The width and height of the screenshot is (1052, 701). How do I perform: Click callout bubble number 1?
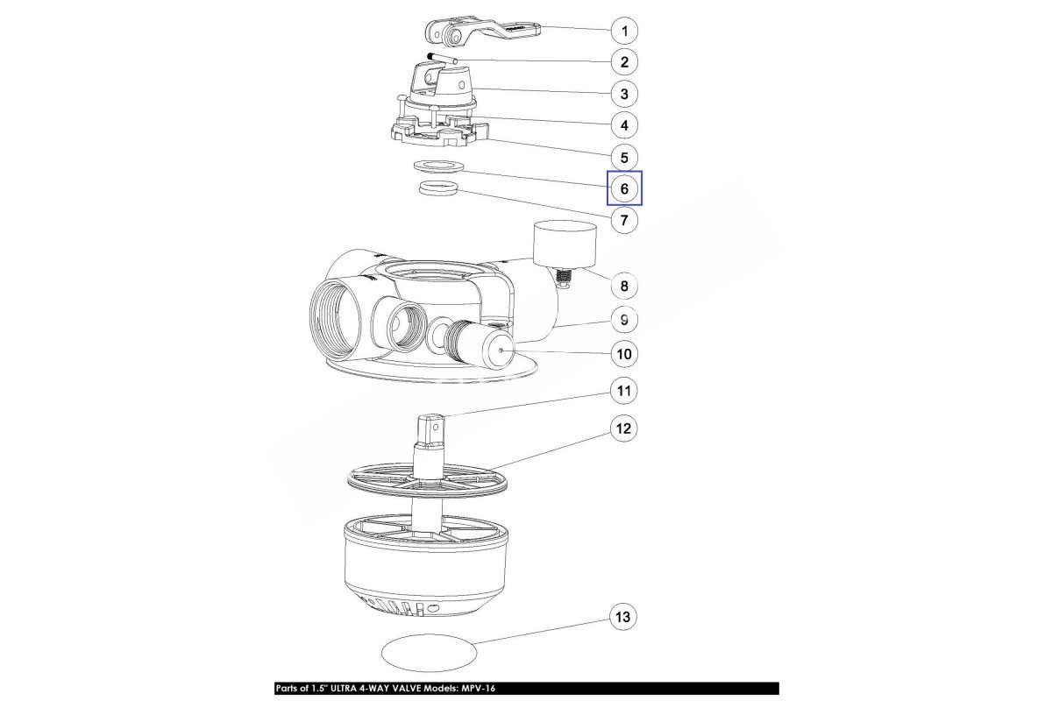click(624, 31)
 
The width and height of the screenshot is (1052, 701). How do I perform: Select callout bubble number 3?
click(624, 94)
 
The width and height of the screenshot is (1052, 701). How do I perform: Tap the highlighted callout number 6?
click(624, 188)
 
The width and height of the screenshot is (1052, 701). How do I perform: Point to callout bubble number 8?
click(624, 286)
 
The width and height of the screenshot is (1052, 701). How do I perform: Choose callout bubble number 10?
click(624, 354)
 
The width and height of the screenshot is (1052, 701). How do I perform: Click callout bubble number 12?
click(623, 428)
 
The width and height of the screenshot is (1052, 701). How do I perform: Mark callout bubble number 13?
click(622, 617)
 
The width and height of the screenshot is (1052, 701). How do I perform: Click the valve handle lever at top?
click(483, 34)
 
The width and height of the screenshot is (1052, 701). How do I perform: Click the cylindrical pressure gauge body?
click(565, 244)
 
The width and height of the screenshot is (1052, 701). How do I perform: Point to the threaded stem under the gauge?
click(564, 279)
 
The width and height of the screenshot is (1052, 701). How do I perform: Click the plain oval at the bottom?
click(429, 652)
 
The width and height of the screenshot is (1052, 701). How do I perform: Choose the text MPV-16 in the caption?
click(478, 689)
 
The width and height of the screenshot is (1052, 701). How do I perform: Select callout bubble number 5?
click(624, 158)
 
